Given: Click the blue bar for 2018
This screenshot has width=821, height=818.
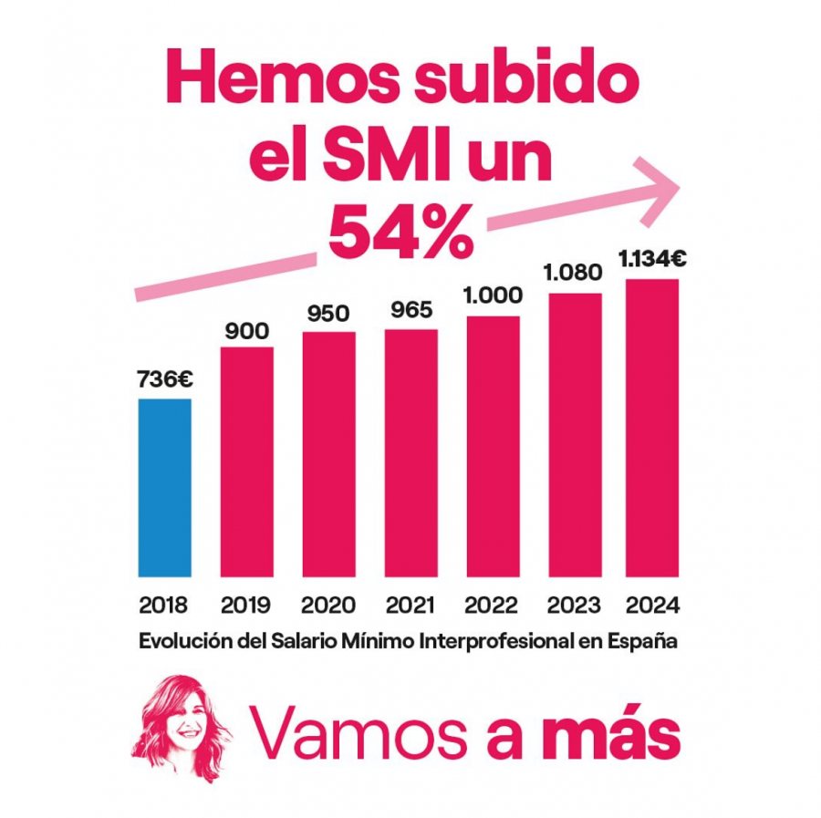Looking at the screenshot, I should pyautogui.click(x=164, y=488).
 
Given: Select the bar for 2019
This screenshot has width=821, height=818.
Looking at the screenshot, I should pyautogui.click(x=246, y=461).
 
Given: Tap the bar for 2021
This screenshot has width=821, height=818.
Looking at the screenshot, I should pyautogui.click(x=410, y=452).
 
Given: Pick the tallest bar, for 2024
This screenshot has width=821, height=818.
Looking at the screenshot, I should pyautogui.click(x=652, y=428).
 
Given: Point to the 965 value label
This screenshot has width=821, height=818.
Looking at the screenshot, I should pyautogui.click(x=410, y=310).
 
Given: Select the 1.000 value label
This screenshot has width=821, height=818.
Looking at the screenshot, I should pyautogui.click(x=493, y=295).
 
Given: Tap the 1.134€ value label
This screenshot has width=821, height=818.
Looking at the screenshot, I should pyautogui.click(x=652, y=260).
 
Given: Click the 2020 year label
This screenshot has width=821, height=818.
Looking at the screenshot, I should pyautogui.click(x=328, y=606).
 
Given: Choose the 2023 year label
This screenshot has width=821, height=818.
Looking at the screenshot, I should pyautogui.click(x=574, y=606).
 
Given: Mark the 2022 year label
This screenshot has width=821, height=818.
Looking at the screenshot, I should pyautogui.click(x=493, y=606).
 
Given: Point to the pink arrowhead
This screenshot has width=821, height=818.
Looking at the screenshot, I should pyautogui.click(x=661, y=190).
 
